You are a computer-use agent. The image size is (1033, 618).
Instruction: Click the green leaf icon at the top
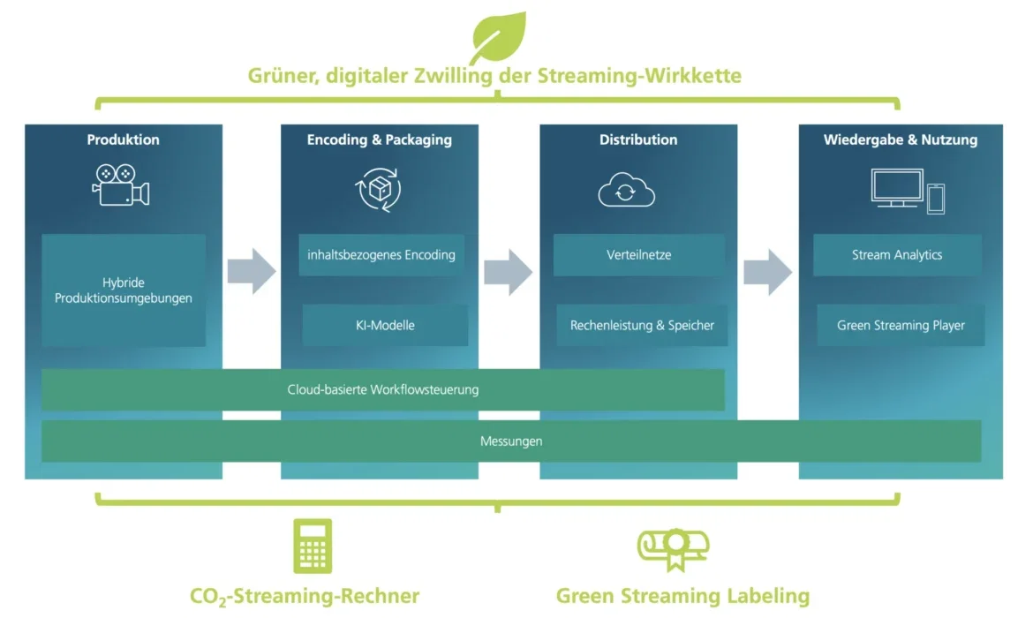point(500,36)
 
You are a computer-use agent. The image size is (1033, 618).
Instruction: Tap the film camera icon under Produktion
point(121,185)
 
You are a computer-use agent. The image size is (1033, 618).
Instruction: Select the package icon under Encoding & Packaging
point(379,190)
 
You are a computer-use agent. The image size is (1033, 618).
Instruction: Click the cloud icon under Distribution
point(627,190)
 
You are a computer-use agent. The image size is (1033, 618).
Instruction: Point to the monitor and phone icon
point(908,191)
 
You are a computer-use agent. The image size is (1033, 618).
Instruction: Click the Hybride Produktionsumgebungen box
point(124,290)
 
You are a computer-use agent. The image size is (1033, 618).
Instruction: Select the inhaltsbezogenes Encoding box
point(381,255)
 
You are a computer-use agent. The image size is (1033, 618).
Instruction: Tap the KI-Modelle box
point(385,325)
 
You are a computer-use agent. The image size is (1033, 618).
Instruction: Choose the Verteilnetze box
point(639,255)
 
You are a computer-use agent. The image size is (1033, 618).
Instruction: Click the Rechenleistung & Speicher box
point(643,325)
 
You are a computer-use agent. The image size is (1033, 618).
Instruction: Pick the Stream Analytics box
point(897,255)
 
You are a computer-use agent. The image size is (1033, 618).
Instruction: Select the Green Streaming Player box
point(901,325)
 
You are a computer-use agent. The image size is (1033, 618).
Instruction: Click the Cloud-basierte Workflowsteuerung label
point(383,389)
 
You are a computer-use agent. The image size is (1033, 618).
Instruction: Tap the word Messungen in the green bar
point(511,441)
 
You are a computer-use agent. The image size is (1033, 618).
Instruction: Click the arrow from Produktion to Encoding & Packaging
point(252,271)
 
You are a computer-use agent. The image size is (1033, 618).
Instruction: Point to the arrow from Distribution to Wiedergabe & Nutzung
point(768,271)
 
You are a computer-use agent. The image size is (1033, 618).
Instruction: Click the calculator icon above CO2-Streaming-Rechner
point(313,546)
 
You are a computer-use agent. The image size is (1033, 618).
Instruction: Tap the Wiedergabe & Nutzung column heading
point(901,139)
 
